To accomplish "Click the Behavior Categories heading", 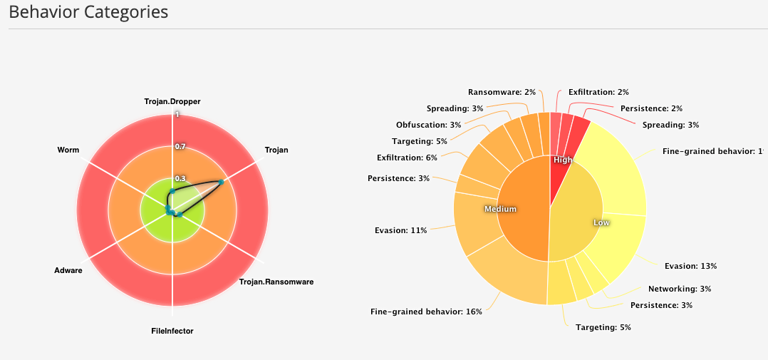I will (x=88, y=12).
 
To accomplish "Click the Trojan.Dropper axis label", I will (x=172, y=102).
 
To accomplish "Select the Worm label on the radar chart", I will (x=68, y=150).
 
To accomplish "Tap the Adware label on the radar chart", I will (x=68, y=270).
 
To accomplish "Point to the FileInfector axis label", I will (x=172, y=331).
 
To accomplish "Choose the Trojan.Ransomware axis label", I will (x=276, y=282).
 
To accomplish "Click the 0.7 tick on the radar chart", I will (x=180, y=147).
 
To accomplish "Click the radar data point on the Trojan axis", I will (x=221, y=182).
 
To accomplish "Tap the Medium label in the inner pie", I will (x=500, y=209).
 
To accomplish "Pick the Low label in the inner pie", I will (x=601, y=222).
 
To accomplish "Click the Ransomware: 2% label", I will (x=502, y=92).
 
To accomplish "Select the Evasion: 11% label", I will (x=400, y=230).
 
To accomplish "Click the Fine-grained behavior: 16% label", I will (x=426, y=312).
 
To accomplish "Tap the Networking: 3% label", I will (x=680, y=289).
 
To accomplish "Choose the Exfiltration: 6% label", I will (x=407, y=157).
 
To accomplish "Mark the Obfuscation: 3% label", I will (x=428, y=125).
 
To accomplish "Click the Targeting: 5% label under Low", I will (x=603, y=327).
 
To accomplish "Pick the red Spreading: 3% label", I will (x=670, y=125).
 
